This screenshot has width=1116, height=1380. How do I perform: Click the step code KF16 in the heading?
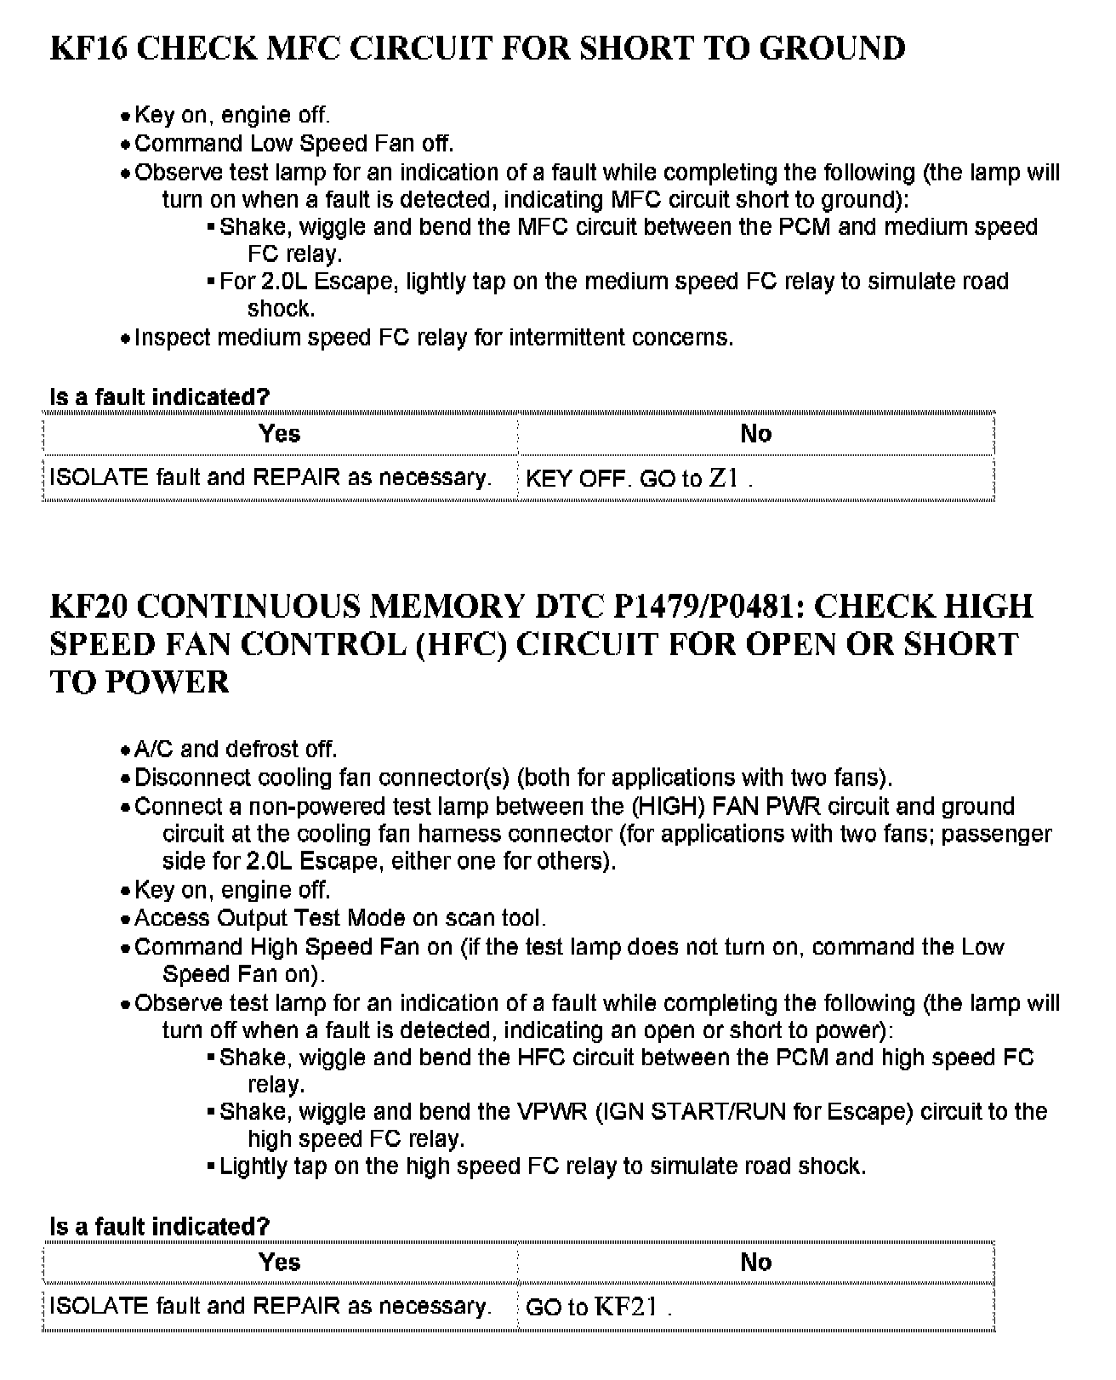pos(89,48)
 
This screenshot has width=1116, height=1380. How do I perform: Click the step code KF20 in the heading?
pos(89,607)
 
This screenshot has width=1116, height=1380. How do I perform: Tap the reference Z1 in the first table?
pos(723,478)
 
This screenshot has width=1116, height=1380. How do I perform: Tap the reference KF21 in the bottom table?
pos(625,1307)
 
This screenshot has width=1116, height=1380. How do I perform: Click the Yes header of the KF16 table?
pos(280,434)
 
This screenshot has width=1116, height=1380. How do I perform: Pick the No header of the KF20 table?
pos(755,1263)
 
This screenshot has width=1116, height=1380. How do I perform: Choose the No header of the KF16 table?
pos(755,434)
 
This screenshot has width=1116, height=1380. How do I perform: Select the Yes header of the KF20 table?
pos(280,1263)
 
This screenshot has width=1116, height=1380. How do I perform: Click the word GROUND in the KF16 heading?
pos(831,48)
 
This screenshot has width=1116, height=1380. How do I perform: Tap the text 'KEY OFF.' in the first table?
pos(578,478)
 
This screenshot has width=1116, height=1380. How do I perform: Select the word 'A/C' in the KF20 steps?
pos(154,750)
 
